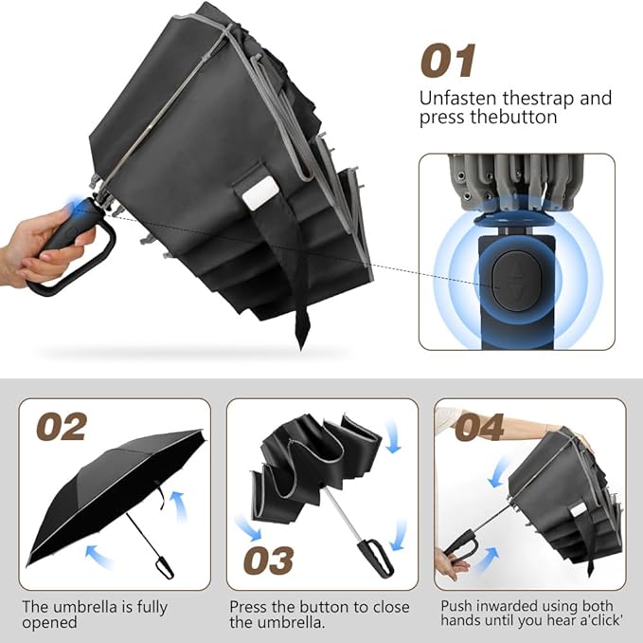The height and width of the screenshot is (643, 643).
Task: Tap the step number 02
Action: (x=62, y=427)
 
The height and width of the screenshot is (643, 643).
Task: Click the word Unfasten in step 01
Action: (x=455, y=98)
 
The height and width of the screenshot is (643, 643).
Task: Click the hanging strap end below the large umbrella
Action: (x=302, y=322)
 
